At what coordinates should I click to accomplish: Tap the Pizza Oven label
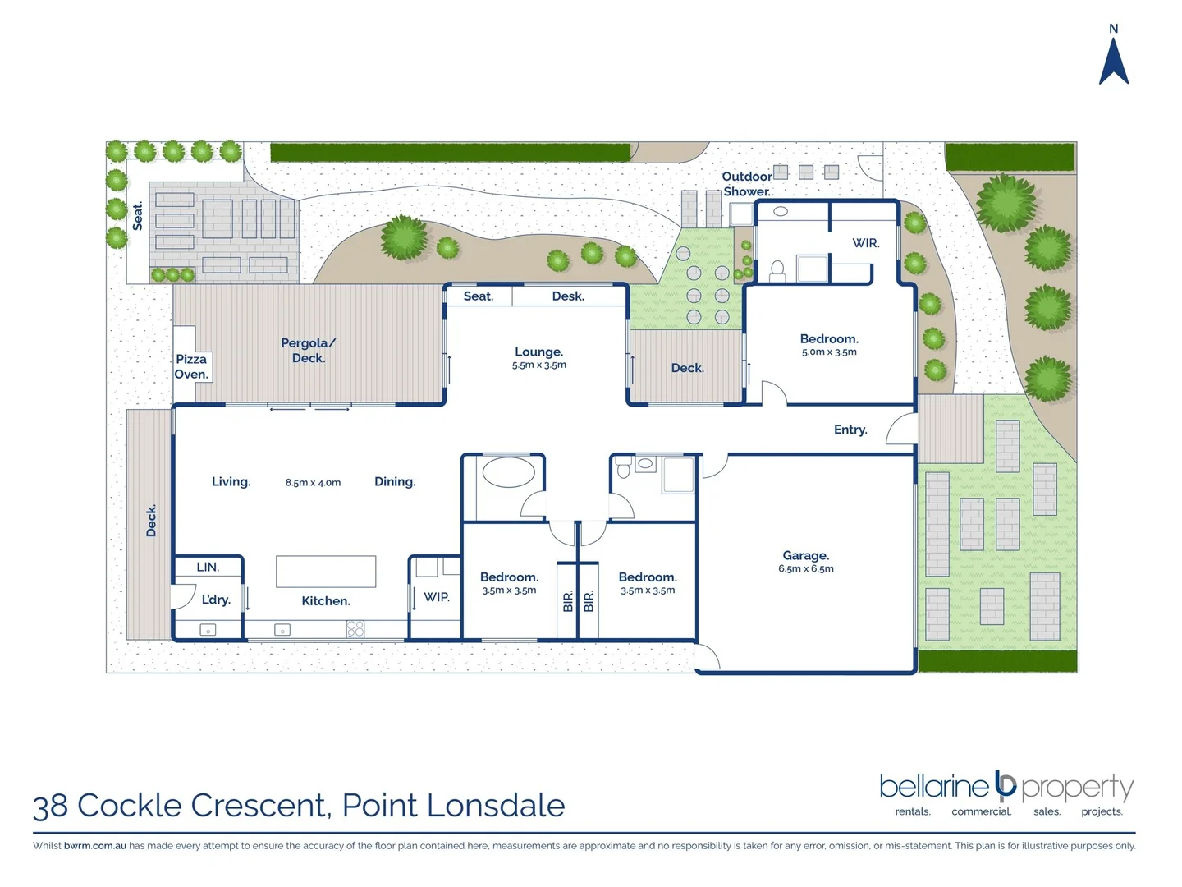tap(191, 366)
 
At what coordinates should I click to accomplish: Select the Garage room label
tap(805, 556)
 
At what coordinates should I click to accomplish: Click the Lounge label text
tap(538, 352)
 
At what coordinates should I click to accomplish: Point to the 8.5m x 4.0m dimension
tap(313, 483)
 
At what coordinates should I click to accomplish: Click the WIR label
tap(865, 243)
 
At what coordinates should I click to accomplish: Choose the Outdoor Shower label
tap(746, 184)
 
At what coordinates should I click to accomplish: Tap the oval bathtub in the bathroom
tap(508, 472)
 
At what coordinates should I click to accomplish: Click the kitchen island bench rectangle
tap(326, 572)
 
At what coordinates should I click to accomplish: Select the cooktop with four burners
tap(355, 629)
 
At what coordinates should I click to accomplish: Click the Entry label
tap(850, 430)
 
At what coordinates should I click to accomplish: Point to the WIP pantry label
tap(437, 597)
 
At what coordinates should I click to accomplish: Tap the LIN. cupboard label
tap(208, 567)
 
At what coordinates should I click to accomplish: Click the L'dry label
tap(216, 600)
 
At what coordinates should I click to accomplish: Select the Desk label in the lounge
tap(568, 296)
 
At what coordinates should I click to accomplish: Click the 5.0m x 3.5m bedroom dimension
tap(829, 352)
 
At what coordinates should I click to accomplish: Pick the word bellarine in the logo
tap(933, 787)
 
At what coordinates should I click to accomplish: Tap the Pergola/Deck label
tap(309, 351)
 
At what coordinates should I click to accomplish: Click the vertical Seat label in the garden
tap(138, 216)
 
